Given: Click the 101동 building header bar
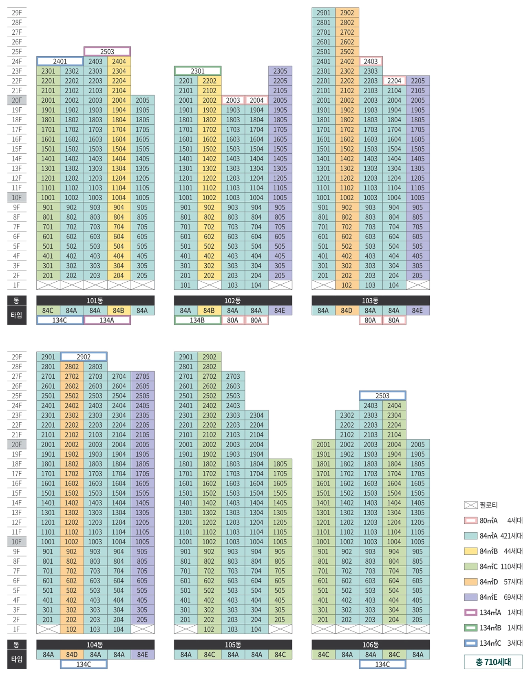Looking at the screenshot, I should pos(95,300).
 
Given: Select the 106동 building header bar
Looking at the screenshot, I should pos(370,644).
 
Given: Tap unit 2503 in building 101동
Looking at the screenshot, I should pos(107,51).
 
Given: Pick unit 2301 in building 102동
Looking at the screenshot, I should pos(198,71).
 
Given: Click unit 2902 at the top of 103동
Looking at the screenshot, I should pos(347,13).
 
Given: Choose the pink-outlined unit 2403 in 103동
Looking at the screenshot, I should pos(371,61).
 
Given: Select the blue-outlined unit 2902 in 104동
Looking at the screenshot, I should pos(84,357).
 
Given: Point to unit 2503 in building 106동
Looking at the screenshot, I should pos(382,395).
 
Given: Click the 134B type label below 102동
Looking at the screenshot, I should pos(197,320).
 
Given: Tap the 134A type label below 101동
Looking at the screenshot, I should pos(107,320).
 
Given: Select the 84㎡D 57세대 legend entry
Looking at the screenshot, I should pos(493,582).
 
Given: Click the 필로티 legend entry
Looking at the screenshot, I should pos(481,505).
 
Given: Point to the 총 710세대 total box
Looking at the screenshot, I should pos(493,662).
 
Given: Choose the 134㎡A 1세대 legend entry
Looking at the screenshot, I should pos(493,612).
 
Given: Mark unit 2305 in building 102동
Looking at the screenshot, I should pos(280,71).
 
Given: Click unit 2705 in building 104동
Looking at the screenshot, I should pos(142,376).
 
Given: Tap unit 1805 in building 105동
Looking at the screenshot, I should pos(280,464).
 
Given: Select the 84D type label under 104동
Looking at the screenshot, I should pos(72,654).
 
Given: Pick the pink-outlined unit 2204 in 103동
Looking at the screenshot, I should pos(394,81).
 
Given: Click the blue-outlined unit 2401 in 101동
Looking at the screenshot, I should pos(60,61).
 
